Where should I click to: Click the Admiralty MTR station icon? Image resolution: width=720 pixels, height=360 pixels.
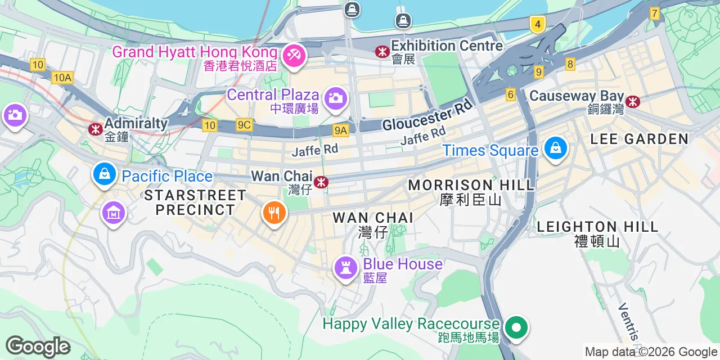click(95, 129)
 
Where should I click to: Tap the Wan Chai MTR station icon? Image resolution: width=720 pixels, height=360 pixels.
click(321, 182)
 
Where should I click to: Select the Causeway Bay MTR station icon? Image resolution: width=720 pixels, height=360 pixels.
click(634, 102)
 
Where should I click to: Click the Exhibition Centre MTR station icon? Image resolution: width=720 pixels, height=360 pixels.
click(382, 52)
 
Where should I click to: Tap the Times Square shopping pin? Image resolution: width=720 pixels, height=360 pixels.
click(555, 148)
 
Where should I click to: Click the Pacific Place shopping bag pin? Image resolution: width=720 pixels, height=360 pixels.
click(104, 174)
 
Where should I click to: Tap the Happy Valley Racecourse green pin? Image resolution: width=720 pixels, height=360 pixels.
click(516, 327)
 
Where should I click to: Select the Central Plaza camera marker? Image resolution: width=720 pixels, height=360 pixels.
click(335, 98)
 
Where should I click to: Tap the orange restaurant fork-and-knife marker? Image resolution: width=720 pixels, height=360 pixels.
click(274, 213)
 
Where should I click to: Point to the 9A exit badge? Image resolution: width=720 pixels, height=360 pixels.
click(341, 130)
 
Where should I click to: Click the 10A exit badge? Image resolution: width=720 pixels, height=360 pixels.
click(62, 78)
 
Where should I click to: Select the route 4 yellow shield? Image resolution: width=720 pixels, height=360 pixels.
click(537, 24)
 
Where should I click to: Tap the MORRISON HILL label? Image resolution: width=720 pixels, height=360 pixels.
click(471, 185)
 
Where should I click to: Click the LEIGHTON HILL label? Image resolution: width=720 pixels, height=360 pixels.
click(597, 227)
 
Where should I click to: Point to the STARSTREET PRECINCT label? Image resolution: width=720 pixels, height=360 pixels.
click(195, 202)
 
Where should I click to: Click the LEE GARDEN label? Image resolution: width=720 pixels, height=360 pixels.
click(640, 139)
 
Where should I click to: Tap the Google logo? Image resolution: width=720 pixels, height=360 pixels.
click(38, 346)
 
